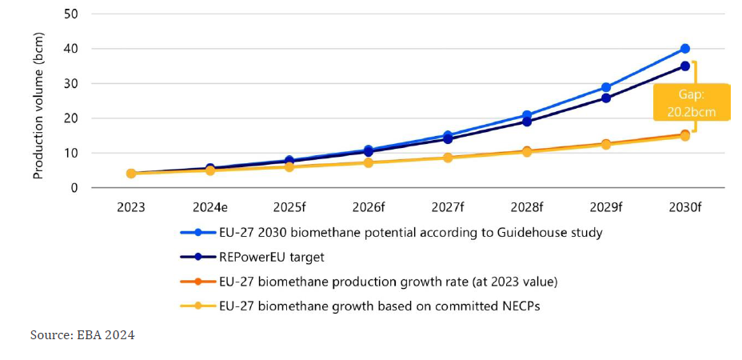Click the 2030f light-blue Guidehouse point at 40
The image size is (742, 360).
pos(685,49)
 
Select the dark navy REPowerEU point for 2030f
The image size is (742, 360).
pos(685,66)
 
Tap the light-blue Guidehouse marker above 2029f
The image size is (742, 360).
pos(606,87)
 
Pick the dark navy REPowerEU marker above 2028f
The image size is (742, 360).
pos(527,122)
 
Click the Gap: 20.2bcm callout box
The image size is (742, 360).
pos(692,102)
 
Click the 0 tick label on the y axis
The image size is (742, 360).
pos(74,188)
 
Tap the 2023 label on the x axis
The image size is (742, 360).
pos(131,208)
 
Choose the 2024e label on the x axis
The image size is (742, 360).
pos(210,208)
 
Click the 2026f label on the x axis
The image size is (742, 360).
pos(369,208)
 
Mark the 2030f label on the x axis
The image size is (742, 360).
pos(685,208)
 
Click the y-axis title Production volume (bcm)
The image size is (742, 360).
pos(38,104)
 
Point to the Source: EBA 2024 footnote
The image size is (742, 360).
pos(82,335)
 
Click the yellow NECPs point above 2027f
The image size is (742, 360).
pos(448,158)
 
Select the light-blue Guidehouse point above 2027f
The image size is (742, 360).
pos(448,136)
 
